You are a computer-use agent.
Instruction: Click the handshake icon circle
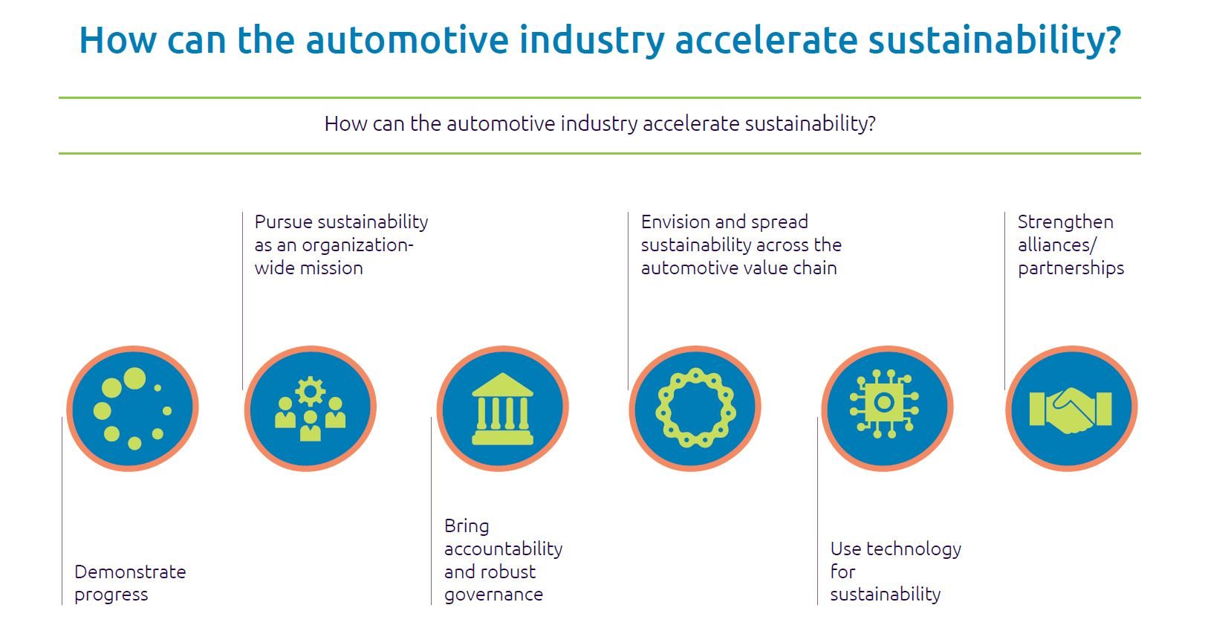pyautogui.click(x=1071, y=408)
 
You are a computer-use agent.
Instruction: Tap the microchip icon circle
pyautogui.click(x=887, y=408)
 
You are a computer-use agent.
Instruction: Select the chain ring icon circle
pyautogui.click(x=695, y=408)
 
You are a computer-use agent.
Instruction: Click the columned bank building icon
pyautogui.click(x=502, y=409)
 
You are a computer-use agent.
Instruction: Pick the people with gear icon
pyautogui.click(x=310, y=408)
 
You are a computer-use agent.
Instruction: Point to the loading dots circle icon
pyautogui.click(x=132, y=408)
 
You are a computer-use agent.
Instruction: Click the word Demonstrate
pyautogui.click(x=130, y=572)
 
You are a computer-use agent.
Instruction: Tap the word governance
pyautogui.click(x=493, y=595)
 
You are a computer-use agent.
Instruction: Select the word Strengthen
pyautogui.click(x=1065, y=221)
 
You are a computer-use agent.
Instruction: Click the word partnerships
pyautogui.click(x=1071, y=268)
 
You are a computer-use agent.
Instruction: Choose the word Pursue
pyautogui.click(x=283, y=221)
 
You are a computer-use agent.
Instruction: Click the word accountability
pyautogui.click(x=504, y=549)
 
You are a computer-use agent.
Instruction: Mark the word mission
pyautogui.click(x=337, y=268)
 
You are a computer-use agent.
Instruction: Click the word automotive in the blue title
pyautogui.click(x=406, y=39)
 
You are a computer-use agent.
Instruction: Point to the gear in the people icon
pyautogui.click(x=310, y=392)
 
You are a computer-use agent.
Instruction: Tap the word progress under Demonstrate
pyautogui.click(x=111, y=595)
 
